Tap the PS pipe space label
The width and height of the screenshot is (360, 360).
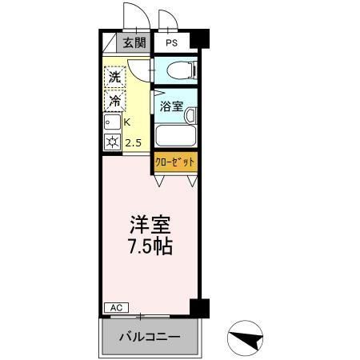(171, 43)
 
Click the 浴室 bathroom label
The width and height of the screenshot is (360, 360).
(170, 106)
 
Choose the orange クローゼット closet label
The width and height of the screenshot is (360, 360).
(175, 162)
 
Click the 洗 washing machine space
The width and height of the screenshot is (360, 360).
(115, 79)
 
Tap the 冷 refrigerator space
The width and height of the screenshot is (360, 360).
(115, 102)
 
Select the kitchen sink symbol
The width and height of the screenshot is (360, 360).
(111, 123)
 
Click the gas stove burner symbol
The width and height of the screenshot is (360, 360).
(111, 144)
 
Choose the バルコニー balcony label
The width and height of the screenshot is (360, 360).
(150, 335)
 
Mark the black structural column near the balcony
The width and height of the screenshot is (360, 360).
(199, 308)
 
